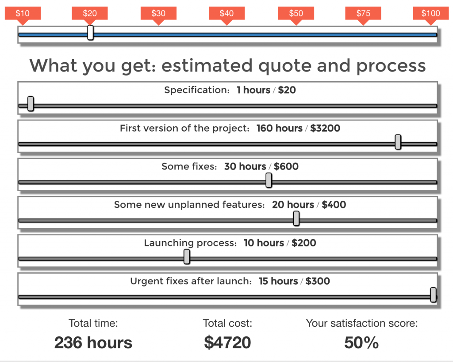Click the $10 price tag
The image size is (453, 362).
coord(23,13)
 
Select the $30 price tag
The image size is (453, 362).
coord(158,13)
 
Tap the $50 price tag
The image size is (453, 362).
coord(296,13)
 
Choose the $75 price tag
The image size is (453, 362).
coord(363,13)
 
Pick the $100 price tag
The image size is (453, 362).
coord(430,13)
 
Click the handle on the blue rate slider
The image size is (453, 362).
coord(90,33)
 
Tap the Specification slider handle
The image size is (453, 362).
coord(31,104)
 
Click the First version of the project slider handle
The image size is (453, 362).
coord(398,142)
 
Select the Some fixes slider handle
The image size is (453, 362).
coord(269,180)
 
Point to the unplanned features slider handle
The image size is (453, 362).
coord(296,218)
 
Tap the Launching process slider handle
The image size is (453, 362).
coord(187,256)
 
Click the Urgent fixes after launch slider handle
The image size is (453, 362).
coord(433,294)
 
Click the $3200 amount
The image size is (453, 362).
coord(325,128)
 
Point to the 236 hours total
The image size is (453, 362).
coord(93,343)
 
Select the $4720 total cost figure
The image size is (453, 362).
coord(227,343)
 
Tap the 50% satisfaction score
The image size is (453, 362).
coord(361,343)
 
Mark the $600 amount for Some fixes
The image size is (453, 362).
coord(286,167)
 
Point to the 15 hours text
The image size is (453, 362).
coord(278,281)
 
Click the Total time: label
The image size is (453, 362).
coord(93,323)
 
